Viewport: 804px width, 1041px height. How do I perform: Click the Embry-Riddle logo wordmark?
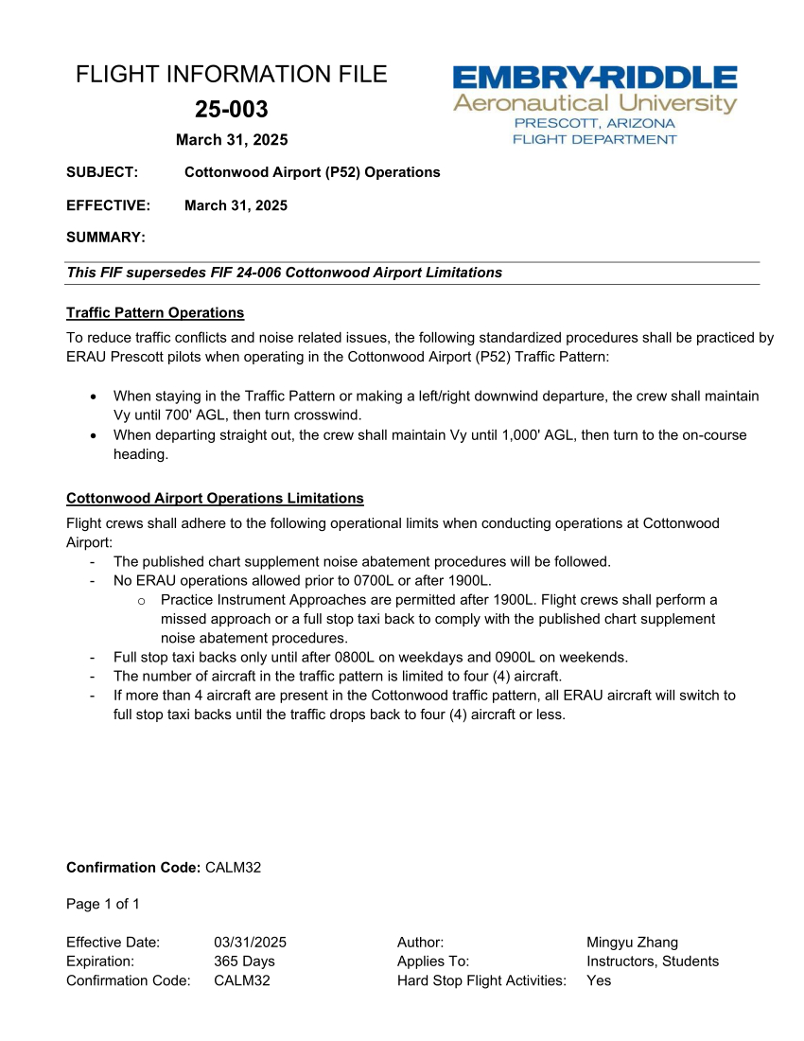click(594, 79)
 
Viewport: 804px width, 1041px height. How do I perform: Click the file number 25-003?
click(232, 110)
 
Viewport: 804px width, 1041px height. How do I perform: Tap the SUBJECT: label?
click(102, 172)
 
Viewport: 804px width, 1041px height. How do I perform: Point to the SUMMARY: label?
click(105, 237)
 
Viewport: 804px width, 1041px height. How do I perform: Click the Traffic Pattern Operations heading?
click(155, 312)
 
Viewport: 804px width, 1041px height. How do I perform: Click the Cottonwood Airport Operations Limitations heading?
click(215, 498)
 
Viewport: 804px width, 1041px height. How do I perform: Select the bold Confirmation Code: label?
click(133, 867)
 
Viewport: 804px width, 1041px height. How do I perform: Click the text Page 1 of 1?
click(103, 904)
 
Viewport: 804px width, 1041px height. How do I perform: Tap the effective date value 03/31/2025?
click(250, 942)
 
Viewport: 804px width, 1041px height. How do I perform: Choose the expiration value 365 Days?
click(244, 961)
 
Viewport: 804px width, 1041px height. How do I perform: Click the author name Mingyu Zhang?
click(632, 942)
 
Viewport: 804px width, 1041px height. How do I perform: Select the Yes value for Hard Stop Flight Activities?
click(599, 980)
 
